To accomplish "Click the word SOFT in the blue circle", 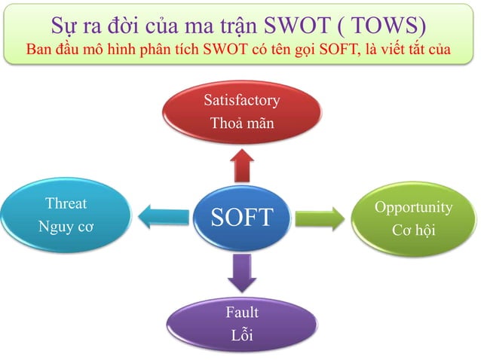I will [x=240, y=217].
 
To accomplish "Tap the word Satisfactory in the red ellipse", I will [x=241, y=99].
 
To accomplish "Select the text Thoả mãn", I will [x=241, y=122].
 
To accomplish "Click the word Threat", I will [x=66, y=203].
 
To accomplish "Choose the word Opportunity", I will [x=413, y=207].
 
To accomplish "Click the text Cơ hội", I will [x=413, y=230].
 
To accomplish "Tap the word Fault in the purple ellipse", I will [x=241, y=312].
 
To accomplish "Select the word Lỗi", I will [x=241, y=335].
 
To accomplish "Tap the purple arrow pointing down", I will [x=241, y=272].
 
